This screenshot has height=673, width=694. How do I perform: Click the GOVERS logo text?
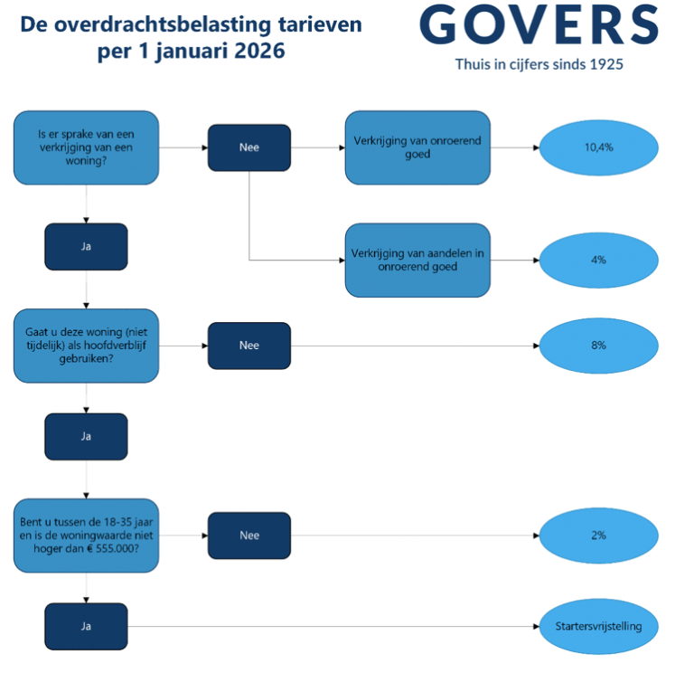[539, 24]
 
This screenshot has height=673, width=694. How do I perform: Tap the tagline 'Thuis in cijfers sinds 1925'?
[539, 65]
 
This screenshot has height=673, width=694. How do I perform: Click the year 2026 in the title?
[259, 51]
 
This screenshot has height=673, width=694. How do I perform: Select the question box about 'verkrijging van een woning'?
[87, 147]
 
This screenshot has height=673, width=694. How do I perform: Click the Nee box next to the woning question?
[249, 147]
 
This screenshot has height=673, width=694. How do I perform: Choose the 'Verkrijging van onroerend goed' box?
[417, 147]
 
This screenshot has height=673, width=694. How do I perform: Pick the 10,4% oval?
[598, 147]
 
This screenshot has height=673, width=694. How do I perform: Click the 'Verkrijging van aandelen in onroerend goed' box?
[417, 261]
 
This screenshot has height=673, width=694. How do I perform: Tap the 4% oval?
[598, 261]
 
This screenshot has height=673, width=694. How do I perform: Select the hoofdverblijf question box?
[87, 346]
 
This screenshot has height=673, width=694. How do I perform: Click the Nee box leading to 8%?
[249, 346]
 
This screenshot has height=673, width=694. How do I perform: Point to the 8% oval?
[598, 346]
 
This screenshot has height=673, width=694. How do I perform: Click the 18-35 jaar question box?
[87, 536]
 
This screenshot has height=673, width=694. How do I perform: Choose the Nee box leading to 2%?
[249, 536]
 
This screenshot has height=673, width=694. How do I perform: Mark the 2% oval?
[598, 536]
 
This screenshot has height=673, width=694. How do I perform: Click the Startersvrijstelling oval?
[598, 627]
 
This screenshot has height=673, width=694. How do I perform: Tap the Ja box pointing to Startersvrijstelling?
[87, 627]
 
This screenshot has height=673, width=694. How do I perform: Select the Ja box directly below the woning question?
[87, 247]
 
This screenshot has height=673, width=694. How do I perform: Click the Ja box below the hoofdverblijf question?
[87, 437]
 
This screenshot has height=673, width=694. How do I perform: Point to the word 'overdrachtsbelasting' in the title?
[163, 25]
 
